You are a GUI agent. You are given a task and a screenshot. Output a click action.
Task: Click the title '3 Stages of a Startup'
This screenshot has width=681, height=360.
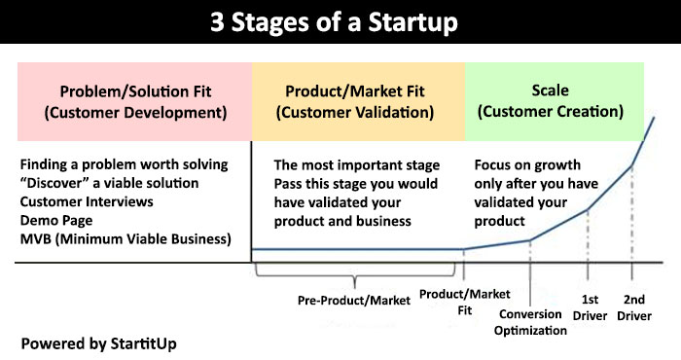point(340,21)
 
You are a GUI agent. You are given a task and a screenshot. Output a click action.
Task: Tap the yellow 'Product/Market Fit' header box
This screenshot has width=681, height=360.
point(357,102)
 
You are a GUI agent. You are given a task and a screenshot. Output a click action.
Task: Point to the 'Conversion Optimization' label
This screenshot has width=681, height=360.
point(532,322)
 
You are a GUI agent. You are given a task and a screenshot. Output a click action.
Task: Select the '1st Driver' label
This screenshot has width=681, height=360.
point(590,307)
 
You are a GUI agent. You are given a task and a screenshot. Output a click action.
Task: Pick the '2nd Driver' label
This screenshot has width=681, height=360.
point(633,307)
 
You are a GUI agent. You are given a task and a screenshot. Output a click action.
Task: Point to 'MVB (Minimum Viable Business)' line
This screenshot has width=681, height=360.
point(125,238)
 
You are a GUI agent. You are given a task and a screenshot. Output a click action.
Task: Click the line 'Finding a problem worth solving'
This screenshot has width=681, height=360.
point(123,166)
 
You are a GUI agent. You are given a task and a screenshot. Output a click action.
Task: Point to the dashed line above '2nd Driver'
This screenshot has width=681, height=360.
point(633,224)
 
